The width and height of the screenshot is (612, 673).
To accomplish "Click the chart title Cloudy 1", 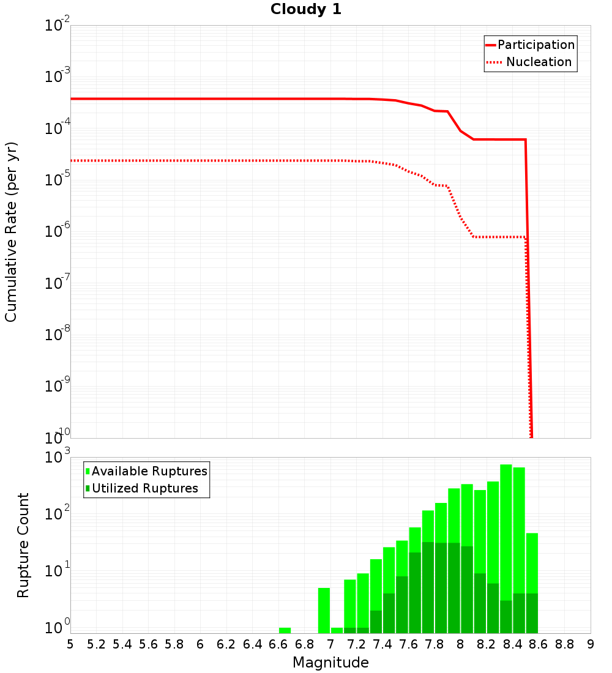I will point(306,9).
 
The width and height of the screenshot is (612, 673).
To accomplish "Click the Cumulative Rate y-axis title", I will point(11,231).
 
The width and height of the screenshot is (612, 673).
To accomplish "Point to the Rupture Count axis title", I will point(23,545).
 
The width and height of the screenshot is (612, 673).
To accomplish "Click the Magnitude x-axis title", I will point(330,662).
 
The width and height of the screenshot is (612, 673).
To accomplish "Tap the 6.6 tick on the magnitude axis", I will point(278,644).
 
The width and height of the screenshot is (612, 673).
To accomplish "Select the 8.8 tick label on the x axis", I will point(564,644).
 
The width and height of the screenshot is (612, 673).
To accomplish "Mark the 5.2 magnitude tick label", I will point(96,644).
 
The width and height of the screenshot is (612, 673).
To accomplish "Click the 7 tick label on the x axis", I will point(330,644).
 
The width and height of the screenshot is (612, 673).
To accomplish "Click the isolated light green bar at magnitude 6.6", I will point(285,630).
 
